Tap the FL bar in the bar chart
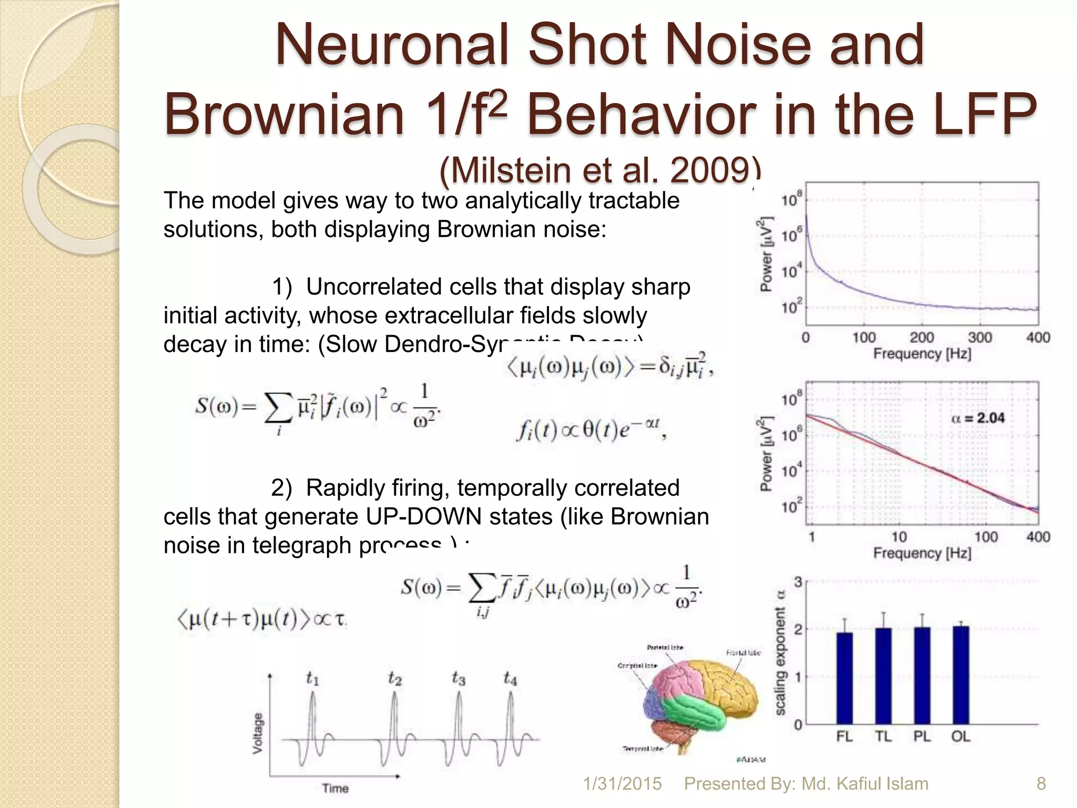844,679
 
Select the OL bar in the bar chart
960,675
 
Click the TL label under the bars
883,737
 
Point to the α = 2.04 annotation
978,418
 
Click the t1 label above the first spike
312,679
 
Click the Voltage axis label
258,733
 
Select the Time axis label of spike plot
335,788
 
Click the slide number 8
1041,784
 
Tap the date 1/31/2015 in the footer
622,784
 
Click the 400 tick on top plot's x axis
1038,338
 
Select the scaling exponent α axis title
780,652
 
